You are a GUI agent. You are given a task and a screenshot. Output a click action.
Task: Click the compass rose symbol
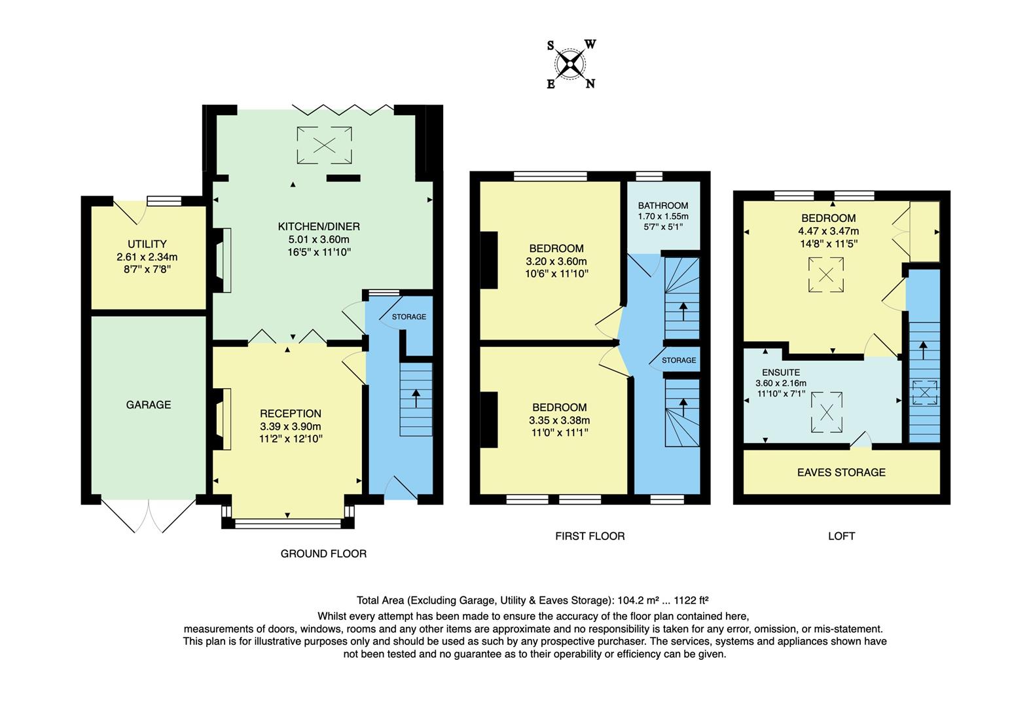pos(571,64)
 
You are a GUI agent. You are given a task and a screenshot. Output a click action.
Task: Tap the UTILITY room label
pos(147,244)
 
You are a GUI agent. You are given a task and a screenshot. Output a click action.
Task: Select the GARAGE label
pos(149,405)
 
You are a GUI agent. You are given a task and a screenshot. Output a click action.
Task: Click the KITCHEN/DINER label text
pos(319,227)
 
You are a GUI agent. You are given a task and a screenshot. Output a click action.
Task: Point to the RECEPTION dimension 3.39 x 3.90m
pos(291,426)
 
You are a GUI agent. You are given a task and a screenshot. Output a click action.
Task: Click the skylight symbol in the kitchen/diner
pos(324,145)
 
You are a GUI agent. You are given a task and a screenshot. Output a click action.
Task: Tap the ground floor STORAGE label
pos(409,317)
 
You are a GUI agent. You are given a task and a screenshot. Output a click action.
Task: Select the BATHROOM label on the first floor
pos(663,205)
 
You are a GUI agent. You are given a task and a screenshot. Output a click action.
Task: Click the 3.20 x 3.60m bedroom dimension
pos(556,261)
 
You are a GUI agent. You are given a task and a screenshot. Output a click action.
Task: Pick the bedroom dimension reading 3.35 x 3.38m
pos(559,420)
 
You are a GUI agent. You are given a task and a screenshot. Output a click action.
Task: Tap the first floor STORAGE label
pos(679,360)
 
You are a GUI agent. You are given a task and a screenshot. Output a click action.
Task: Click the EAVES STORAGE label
pos(841,472)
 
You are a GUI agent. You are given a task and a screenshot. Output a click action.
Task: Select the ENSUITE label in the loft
pos(781,372)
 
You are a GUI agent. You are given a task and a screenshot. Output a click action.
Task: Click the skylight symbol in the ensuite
pos(827,412)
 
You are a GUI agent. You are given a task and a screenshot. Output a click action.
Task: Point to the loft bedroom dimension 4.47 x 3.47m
pos(828,230)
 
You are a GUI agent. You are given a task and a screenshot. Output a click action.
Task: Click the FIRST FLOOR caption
pos(590,536)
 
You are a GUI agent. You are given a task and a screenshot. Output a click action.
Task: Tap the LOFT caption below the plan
pos(841,536)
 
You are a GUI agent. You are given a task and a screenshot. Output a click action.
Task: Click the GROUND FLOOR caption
pos(323,554)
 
